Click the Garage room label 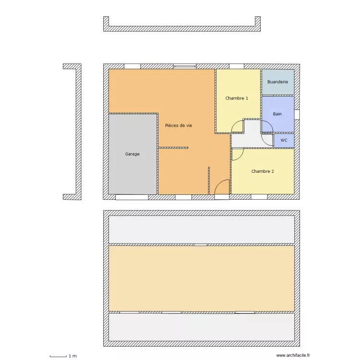(x=132, y=154)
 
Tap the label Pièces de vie (x=179, y=125)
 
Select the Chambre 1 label (x=237, y=98)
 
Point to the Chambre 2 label (x=263, y=171)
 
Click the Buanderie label (x=277, y=82)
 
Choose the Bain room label (x=277, y=114)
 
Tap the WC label (x=284, y=141)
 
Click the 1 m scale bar (x=58, y=356)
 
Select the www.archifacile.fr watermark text (x=294, y=356)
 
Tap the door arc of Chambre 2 (x=238, y=155)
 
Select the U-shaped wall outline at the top (x=182, y=28)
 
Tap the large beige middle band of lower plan (x=201, y=278)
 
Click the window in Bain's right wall (x=297, y=114)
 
